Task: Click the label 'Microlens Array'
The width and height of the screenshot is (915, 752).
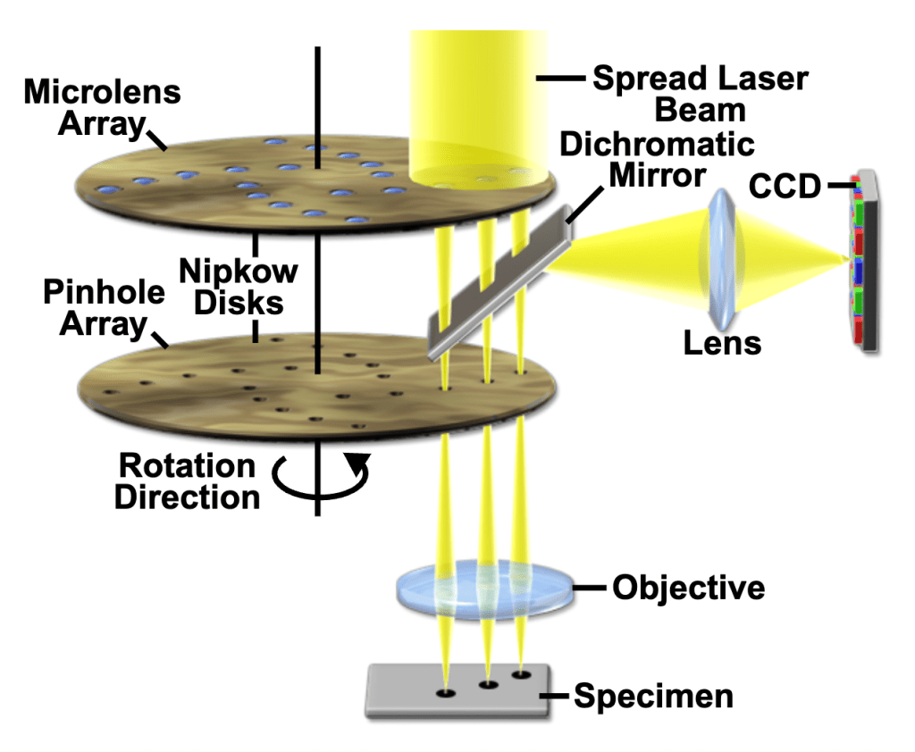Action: (x=102, y=107)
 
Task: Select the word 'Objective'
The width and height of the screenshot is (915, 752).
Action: (x=688, y=588)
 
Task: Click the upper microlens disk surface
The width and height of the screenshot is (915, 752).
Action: (x=223, y=192)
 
